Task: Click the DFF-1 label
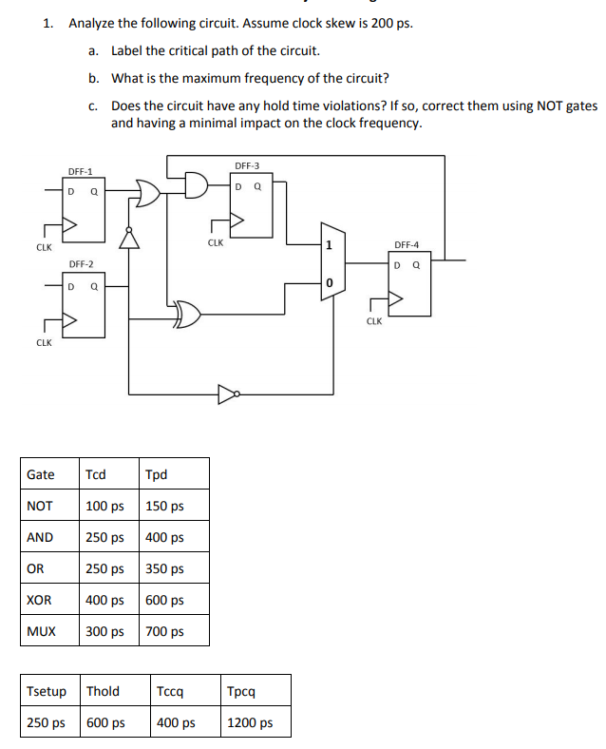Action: (x=80, y=172)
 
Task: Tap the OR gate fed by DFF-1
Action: (x=149, y=193)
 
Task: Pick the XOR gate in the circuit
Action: (x=187, y=316)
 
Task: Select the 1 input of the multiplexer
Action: (x=329, y=245)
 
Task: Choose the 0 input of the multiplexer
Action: (x=329, y=283)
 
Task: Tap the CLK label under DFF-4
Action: (x=373, y=321)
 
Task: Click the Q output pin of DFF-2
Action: (x=93, y=284)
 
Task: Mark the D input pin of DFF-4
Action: (x=399, y=263)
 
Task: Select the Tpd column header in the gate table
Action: (x=157, y=474)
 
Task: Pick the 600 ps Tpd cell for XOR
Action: (x=164, y=600)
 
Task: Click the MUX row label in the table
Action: (x=41, y=631)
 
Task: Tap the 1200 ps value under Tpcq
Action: (x=252, y=722)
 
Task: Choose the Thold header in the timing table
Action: (x=103, y=691)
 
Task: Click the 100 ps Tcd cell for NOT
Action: (x=104, y=506)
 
